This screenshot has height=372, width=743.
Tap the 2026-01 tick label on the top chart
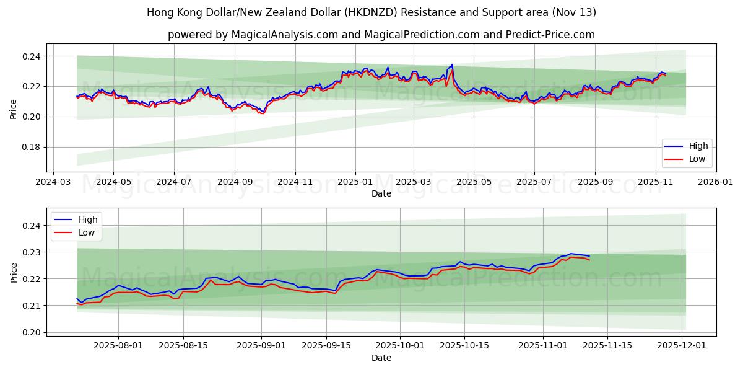[716, 183]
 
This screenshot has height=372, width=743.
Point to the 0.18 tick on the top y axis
[31, 147]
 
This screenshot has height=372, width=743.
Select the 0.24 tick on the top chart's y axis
[31, 56]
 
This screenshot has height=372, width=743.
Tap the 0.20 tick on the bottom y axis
[31, 332]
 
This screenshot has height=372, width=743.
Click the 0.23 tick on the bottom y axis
[31, 252]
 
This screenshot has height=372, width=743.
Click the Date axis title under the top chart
[381, 193]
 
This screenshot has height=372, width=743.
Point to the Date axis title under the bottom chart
[381, 358]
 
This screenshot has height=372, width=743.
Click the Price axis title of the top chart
[14, 109]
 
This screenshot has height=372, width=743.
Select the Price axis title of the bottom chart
[14, 273]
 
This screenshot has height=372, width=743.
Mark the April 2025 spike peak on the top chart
[452, 64]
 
